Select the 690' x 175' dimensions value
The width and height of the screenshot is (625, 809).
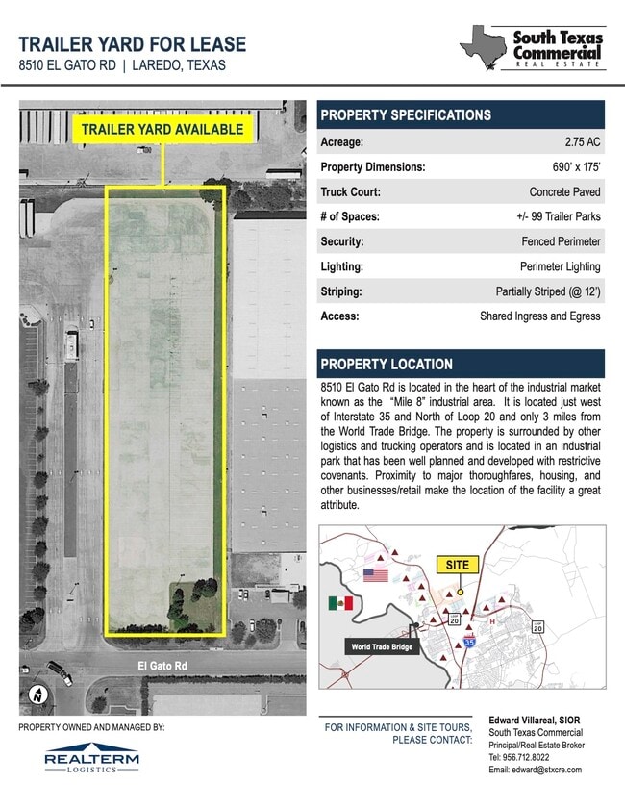569,167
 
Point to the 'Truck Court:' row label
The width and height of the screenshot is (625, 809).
351,192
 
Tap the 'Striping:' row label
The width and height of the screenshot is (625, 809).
340,291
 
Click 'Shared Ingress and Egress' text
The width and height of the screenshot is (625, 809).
539,316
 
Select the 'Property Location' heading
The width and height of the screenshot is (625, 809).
387,365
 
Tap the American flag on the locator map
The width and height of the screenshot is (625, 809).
375,574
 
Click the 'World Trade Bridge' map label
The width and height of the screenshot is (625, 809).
381,647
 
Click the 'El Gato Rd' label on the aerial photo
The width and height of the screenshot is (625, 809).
160,665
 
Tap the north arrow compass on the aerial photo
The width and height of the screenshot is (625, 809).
37,694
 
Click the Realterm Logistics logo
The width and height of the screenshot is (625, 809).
91,756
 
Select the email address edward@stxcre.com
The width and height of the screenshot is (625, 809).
535,770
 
